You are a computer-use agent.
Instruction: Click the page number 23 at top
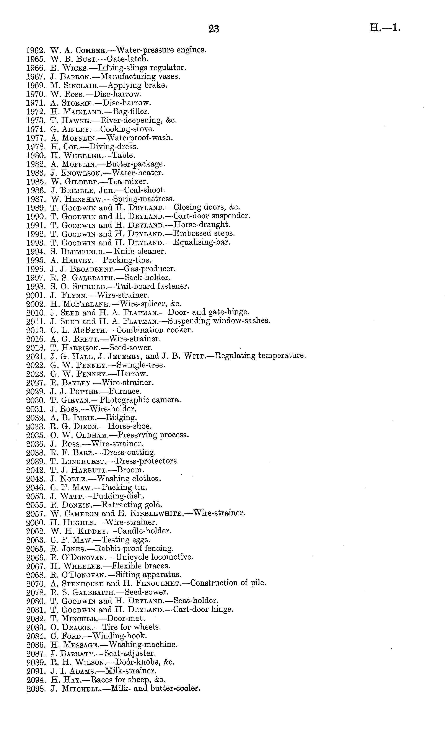click(x=214, y=29)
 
